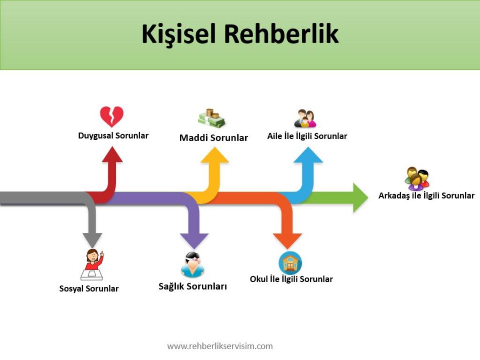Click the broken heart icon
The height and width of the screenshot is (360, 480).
click(112, 116)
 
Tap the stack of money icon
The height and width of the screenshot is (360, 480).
click(211, 119)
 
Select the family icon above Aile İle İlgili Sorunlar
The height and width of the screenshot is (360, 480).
click(305, 119)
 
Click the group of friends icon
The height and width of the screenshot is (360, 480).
click(417, 179)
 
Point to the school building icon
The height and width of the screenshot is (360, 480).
click(290, 263)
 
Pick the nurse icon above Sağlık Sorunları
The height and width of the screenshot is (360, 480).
click(192, 265)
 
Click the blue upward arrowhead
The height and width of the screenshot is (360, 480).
click(308, 156)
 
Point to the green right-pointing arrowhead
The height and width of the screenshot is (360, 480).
click(360, 198)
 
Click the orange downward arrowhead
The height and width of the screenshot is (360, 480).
click(287, 240)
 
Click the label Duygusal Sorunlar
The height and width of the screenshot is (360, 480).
click(113, 136)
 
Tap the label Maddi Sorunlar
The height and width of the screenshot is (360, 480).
click(213, 138)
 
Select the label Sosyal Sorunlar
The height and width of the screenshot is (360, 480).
click(89, 289)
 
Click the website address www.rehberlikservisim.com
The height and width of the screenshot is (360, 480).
click(220, 346)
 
